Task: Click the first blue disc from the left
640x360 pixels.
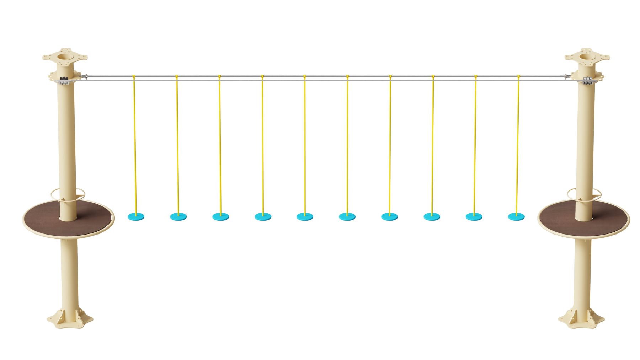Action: (136, 216)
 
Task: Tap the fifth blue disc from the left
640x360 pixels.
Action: (305, 216)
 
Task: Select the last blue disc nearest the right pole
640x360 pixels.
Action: (516, 216)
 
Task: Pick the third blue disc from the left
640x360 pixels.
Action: (220, 216)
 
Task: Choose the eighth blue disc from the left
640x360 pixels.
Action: (432, 216)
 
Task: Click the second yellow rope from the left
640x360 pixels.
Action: (177, 142)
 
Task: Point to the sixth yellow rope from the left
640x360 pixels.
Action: (347, 142)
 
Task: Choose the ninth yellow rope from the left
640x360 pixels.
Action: (475, 142)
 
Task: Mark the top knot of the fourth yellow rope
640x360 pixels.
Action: (262, 76)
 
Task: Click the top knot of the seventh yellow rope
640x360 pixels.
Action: (390, 76)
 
